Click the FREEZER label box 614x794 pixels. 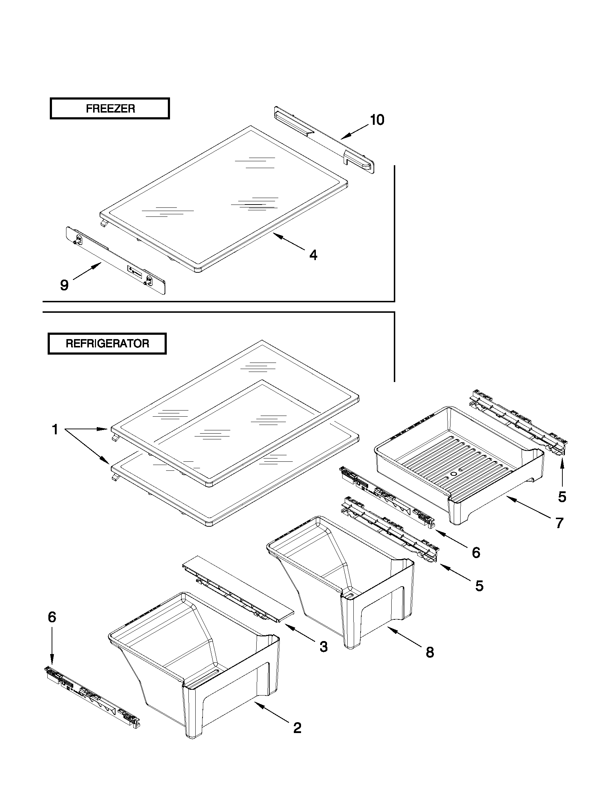(x=109, y=108)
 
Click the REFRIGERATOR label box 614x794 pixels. (x=107, y=343)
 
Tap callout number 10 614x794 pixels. (x=377, y=120)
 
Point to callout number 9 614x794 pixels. (x=64, y=285)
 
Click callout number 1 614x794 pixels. (x=55, y=430)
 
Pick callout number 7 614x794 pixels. (x=559, y=523)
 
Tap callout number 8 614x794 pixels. (x=430, y=652)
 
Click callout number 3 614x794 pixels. (x=323, y=646)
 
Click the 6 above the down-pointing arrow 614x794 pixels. (x=52, y=617)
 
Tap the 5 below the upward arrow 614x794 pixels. (x=562, y=497)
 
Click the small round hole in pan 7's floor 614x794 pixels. (x=453, y=474)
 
